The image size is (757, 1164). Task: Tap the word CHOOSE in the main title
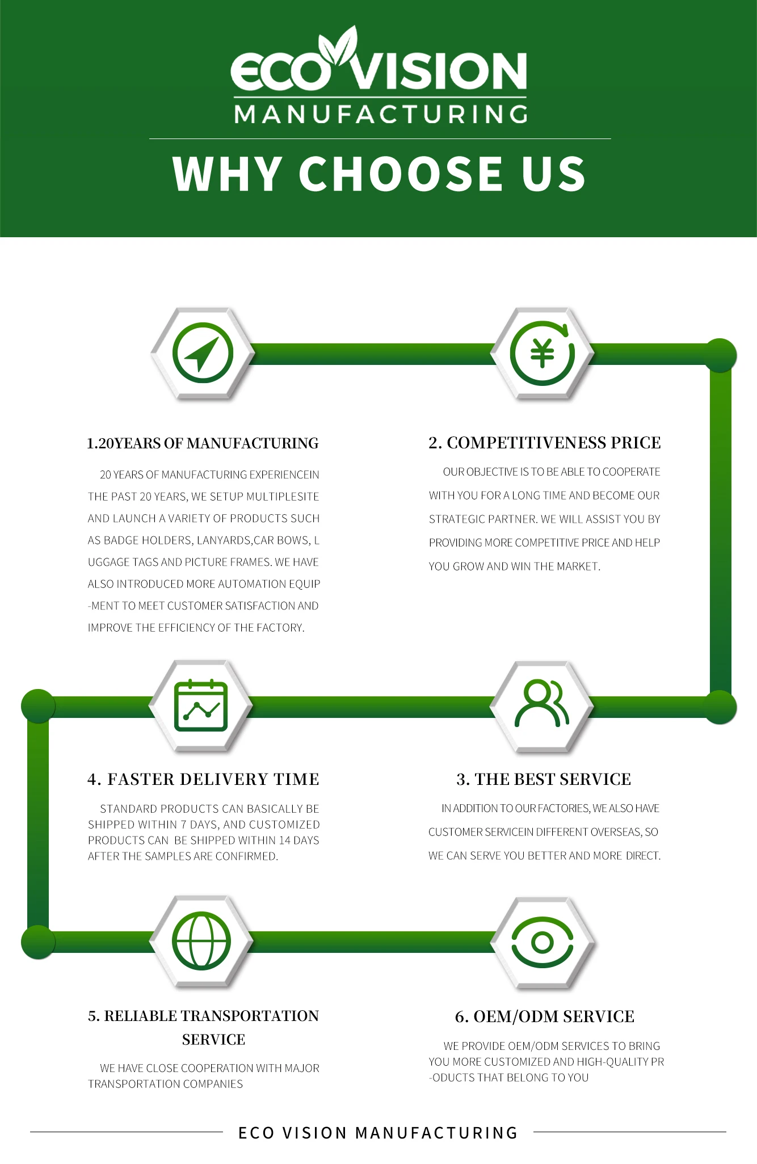coord(401,174)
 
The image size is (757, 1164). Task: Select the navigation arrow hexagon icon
coord(203,354)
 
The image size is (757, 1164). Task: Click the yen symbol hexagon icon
coord(542,354)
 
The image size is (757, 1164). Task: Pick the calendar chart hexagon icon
coord(201,706)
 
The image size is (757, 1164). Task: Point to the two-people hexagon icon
coord(541,706)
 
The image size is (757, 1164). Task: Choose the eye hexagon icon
coord(542,942)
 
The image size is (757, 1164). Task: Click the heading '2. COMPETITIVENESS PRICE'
coord(544,443)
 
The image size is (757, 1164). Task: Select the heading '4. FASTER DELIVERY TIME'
coord(203,779)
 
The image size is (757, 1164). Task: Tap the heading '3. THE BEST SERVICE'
coord(544,779)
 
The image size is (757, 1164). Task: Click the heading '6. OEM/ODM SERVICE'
coord(544,1016)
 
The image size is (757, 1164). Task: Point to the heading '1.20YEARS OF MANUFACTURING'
coord(203,443)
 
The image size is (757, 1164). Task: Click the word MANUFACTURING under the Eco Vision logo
coord(380,114)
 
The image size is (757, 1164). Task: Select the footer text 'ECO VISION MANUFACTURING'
coord(378,1133)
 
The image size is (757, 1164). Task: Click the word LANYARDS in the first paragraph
coord(223,540)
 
